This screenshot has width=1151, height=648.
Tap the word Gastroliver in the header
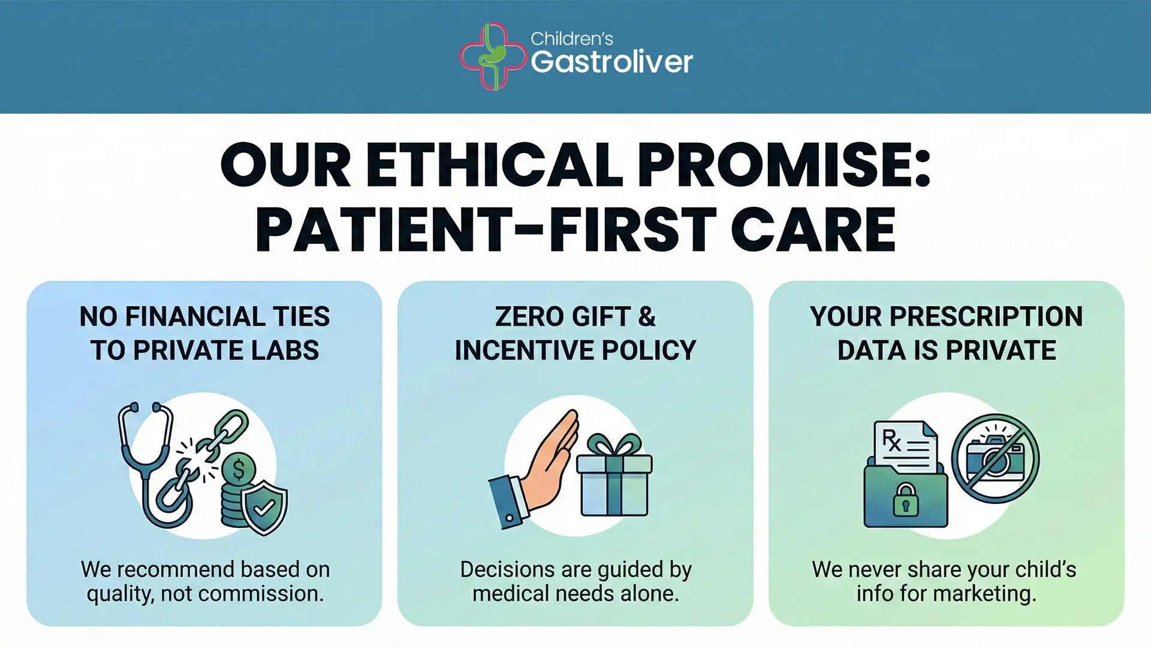611,62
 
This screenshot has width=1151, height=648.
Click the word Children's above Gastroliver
571,39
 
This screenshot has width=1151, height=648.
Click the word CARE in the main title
813,230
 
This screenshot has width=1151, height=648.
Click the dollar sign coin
239,469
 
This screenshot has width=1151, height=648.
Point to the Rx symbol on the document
891,440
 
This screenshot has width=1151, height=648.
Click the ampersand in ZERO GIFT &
647,317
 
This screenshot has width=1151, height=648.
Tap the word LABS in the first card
285,350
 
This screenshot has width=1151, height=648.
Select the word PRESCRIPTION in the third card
986,317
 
